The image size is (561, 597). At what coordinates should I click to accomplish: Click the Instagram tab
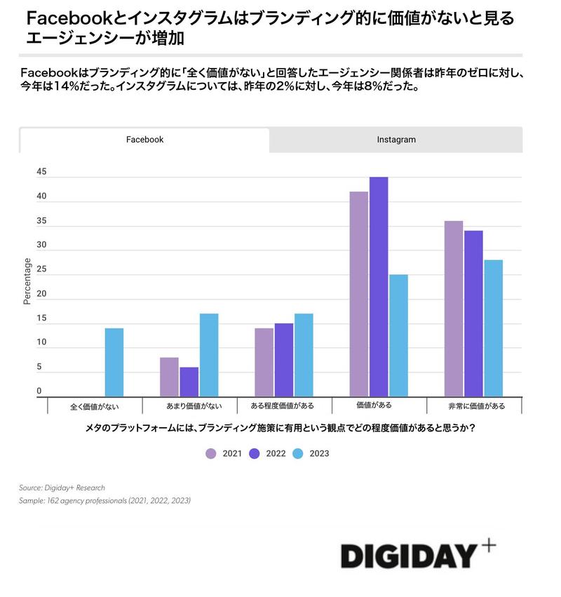pos(396,140)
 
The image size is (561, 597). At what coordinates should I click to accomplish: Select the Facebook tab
pos(144,140)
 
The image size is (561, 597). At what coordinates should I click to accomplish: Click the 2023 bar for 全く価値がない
pos(114,362)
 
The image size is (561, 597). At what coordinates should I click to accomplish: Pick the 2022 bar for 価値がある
pos(379,287)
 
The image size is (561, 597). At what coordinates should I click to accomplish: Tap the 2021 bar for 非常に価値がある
pos(454,309)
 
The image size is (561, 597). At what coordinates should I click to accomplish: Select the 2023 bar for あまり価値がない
pos(209,355)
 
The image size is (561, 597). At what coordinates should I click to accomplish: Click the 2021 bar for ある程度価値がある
pos(264,362)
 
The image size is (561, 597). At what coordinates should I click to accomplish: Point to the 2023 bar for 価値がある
pos(398,335)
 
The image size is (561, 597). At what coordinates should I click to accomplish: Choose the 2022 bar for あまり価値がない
pos(189,382)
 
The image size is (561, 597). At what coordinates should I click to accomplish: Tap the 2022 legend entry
pos(267,453)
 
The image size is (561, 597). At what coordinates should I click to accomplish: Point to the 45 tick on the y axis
pos(41,172)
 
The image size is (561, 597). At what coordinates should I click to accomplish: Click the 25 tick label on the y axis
pos(41,269)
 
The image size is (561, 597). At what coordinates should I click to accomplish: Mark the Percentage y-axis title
pos(27,281)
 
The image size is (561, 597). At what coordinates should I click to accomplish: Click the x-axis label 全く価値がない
pos(95,405)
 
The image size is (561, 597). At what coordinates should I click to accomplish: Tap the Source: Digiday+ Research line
pos(62,487)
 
